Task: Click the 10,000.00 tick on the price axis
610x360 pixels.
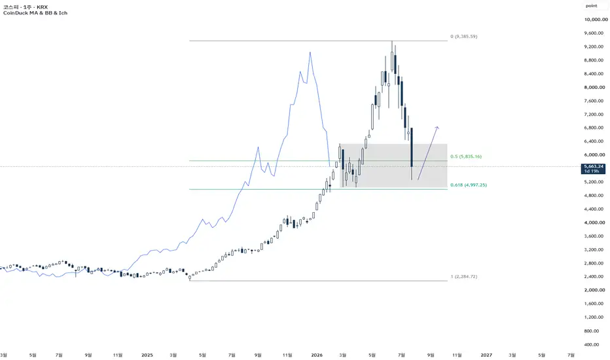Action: pyautogui.click(x=596, y=20)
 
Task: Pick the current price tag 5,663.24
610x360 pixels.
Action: pyautogui.click(x=594, y=166)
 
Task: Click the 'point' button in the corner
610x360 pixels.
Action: pyautogui.click(x=591, y=6)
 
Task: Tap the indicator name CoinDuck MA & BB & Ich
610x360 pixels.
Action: pyautogui.click(x=35, y=13)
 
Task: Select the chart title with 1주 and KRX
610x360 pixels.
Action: pyautogui.click(x=26, y=7)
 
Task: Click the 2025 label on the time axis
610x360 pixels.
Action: pyautogui.click(x=147, y=355)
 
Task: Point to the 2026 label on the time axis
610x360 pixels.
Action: pyautogui.click(x=317, y=355)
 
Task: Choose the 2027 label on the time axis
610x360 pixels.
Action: pyautogui.click(x=486, y=355)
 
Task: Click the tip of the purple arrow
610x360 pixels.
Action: pyautogui.click(x=438, y=127)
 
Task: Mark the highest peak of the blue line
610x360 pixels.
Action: pyautogui.click(x=310, y=52)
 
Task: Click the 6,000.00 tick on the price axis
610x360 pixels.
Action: pyautogui.click(x=594, y=155)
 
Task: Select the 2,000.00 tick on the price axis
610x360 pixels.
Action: pyautogui.click(x=594, y=290)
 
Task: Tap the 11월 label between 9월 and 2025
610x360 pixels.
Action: pyautogui.click(x=118, y=355)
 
